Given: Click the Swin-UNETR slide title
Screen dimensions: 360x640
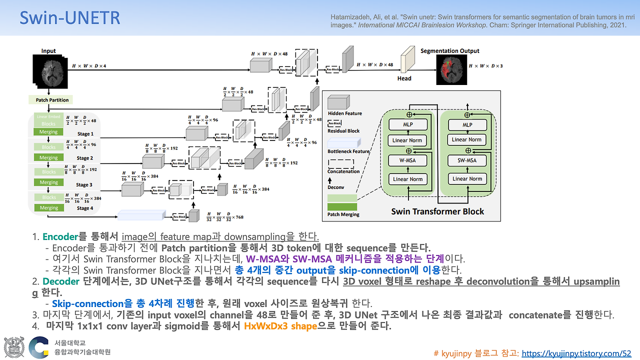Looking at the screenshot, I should pos(69,18).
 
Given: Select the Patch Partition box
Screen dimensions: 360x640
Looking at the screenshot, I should pos(52,100).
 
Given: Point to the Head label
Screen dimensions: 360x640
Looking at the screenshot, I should pos(404,78).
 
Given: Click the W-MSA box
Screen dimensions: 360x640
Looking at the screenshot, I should pos(408,160).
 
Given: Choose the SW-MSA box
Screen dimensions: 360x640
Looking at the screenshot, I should pos(467,160).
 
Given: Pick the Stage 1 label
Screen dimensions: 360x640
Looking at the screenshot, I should pos(84,134).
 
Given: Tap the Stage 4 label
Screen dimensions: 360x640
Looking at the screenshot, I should pos(84,208).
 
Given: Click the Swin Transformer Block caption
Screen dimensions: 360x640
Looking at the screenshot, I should pos(437,211).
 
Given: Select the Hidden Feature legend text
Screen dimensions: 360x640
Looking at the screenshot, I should pos(345,113).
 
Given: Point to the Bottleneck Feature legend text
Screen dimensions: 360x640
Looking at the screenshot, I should pos(348,151).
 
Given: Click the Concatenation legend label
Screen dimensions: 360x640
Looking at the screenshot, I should pos(343,171).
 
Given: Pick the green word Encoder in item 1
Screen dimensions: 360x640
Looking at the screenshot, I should pos(60,236).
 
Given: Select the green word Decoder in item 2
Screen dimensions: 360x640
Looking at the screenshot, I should pos(60,281).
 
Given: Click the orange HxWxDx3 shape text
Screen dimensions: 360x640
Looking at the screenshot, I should pos(280,326).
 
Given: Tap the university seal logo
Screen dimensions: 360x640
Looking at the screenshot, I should pos(13,347).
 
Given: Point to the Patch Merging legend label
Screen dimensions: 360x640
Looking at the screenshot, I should pos(343,214).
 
